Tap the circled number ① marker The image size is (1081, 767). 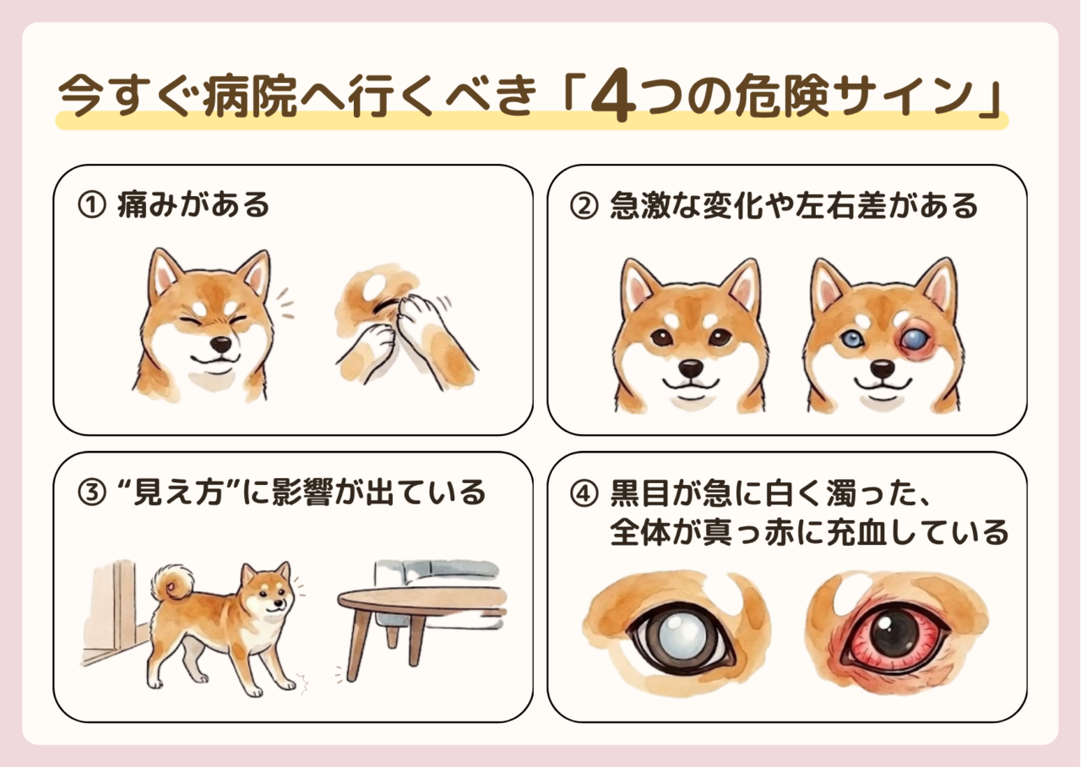pos(91,204)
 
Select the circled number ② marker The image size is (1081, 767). pos(584,205)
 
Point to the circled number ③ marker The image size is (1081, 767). pos(91,492)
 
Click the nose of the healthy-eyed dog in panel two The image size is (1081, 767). pos(691,369)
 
